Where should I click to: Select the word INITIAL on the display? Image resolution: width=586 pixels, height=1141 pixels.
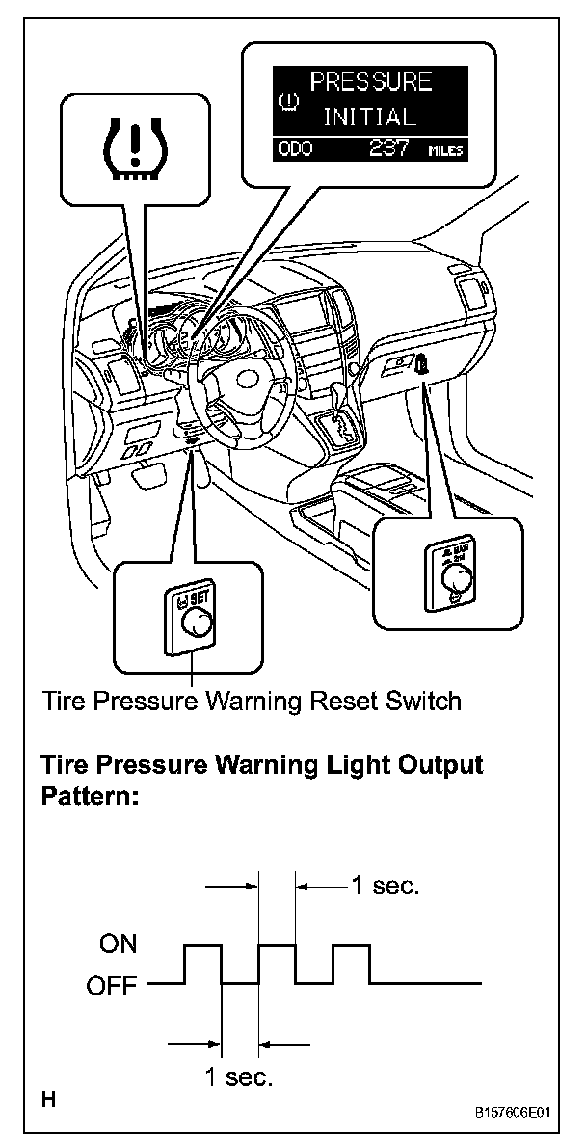click(369, 118)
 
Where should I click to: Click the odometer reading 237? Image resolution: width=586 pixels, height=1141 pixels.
click(387, 148)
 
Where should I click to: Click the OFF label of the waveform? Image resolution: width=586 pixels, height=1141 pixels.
click(114, 986)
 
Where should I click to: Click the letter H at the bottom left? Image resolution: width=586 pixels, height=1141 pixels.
click(47, 1099)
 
